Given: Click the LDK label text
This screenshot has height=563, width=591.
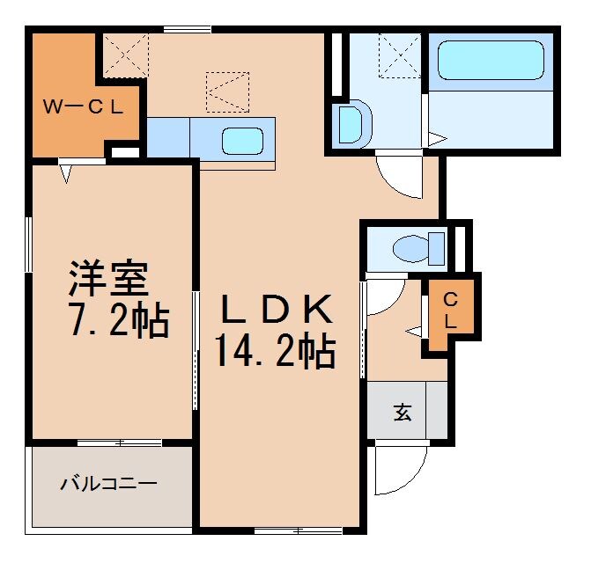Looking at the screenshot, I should click(x=276, y=311).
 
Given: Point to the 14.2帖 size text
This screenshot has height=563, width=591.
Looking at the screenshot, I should click(x=275, y=352).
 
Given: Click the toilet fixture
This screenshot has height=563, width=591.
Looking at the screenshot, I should click(x=417, y=248).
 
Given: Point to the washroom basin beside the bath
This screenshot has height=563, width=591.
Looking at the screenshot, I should click(x=350, y=124).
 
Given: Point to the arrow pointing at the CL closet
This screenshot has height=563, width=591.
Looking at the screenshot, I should click(x=415, y=331).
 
